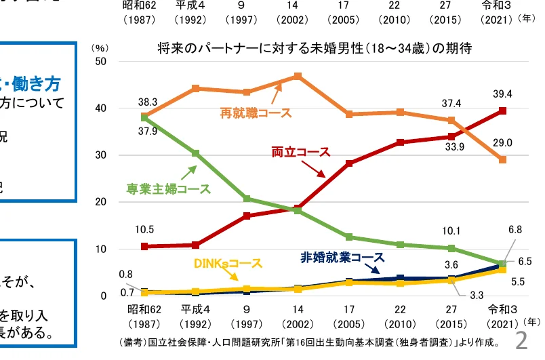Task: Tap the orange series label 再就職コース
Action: coord(256,113)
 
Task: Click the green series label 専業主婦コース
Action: coord(168,189)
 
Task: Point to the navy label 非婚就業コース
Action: coord(342,258)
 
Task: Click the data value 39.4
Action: coord(502,94)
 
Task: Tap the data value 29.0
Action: coord(502,142)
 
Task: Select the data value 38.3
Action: coord(148,102)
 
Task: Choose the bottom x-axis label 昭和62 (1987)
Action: coord(144,317)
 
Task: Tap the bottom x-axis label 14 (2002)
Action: coord(297,317)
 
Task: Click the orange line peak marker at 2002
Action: coord(298,76)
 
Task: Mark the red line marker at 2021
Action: coord(502,111)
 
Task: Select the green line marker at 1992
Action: coord(195,153)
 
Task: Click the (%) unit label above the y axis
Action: coord(99,49)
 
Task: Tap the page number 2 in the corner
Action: coord(521,341)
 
